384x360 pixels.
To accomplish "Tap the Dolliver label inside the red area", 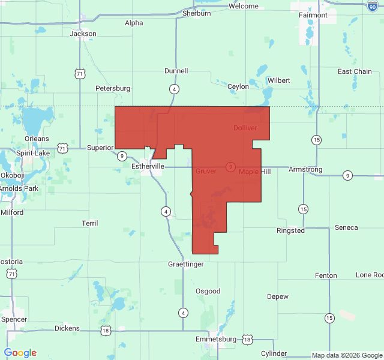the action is (x=245, y=128).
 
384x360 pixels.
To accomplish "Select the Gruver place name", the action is (x=206, y=172).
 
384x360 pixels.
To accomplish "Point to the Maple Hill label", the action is (x=255, y=172).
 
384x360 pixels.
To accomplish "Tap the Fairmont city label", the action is (x=313, y=15).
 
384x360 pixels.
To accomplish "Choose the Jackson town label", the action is (x=83, y=34).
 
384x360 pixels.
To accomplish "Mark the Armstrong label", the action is (x=305, y=169).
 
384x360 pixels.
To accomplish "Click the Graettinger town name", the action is (x=185, y=264).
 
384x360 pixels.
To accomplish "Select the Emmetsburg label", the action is (x=217, y=340).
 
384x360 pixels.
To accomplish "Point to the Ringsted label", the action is (x=291, y=230).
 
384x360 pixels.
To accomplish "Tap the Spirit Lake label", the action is (x=33, y=153).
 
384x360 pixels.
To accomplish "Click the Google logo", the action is (x=20, y=353).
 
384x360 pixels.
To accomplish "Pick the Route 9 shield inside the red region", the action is (x=230, y=166).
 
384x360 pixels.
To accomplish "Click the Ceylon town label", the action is (x=238, y=86).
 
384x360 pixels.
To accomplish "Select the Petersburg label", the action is (x=113, y=88).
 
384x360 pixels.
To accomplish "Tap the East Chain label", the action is (x=355, y=71).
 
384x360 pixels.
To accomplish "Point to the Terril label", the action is (x=90, y=223).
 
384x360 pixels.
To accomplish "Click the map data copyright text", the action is (x=346, y=355).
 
